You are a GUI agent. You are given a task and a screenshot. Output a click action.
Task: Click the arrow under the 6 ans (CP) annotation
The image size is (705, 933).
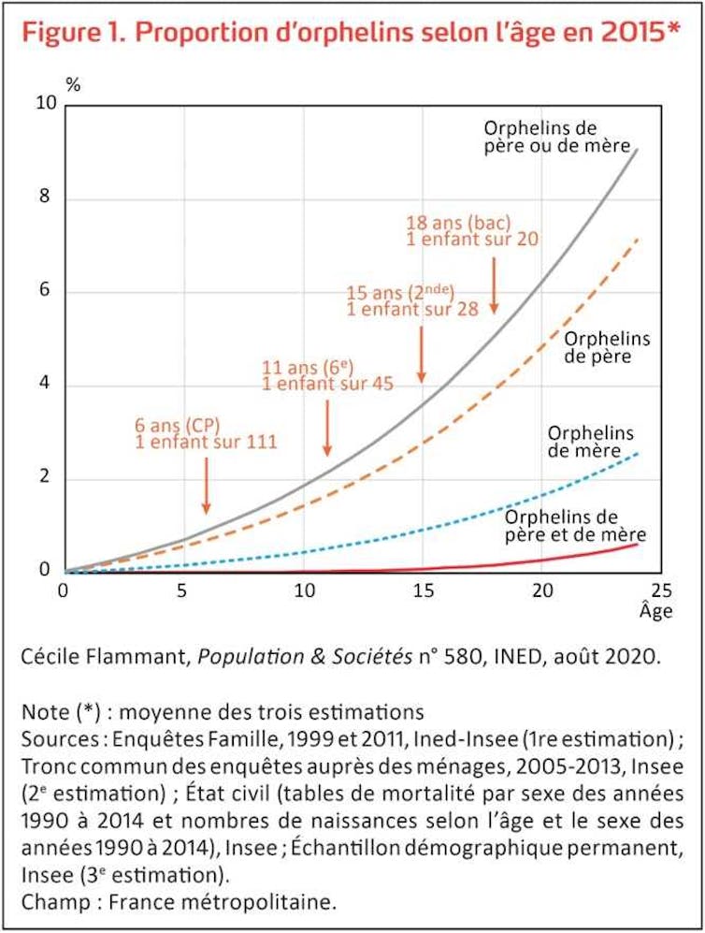(206, 488)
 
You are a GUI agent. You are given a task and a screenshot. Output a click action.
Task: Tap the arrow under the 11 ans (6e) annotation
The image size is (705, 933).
(327, 430)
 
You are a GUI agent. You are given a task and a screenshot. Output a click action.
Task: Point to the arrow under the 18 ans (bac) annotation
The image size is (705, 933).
(494, 284)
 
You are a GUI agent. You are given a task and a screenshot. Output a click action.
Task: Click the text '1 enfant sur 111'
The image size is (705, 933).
(207, 442)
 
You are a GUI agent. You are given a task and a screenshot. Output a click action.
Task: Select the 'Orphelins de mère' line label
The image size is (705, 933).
(590, 443)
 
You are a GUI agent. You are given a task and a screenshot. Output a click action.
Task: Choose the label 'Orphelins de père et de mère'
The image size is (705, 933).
(575, 526)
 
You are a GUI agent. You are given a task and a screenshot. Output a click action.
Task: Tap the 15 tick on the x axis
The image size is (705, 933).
(423, 591)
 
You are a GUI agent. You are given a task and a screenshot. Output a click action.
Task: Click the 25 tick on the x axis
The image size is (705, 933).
(661, 591)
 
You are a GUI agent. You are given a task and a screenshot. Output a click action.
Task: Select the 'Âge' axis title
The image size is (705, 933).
(656, 612)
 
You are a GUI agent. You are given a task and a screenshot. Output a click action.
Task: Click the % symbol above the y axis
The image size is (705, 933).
(73, 83)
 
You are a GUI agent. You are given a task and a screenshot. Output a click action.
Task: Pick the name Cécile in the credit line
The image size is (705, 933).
(48, 658)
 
